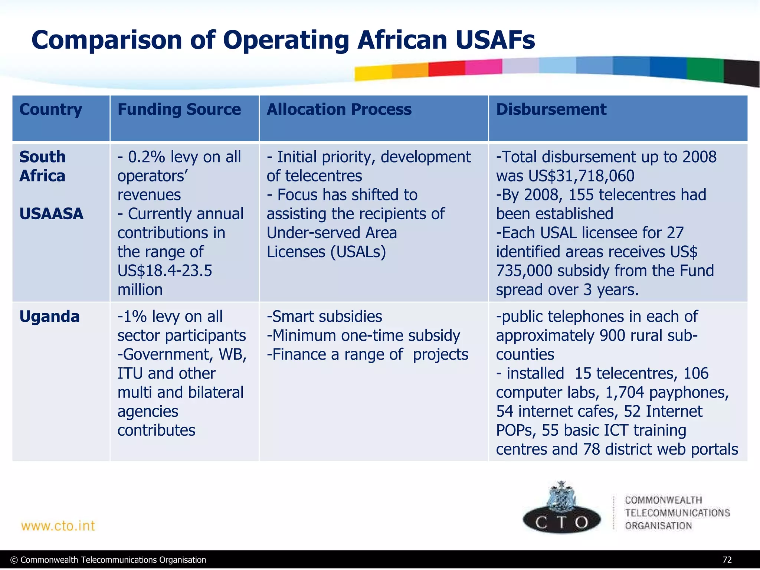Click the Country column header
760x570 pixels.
tap(50, 109)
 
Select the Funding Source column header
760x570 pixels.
tap(179, 109)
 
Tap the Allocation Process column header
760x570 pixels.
tap(339, 109)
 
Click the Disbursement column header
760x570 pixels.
tap(551, 109)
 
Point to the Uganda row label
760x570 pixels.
tap(49, 317)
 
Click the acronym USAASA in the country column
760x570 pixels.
tap(51, 214)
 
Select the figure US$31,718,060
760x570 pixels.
tap(581, 176)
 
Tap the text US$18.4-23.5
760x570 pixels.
tap(165, 271)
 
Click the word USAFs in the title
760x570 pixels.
tap(495, 40)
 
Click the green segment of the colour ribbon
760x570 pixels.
tap(705, 69)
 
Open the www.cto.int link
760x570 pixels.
tap(58, 526)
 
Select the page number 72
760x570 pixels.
tap(727, 560)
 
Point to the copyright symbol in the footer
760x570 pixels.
tap(14, 560)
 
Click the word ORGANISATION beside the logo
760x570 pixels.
tap(658, 526)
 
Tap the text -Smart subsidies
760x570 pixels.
tap(324, 317)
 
